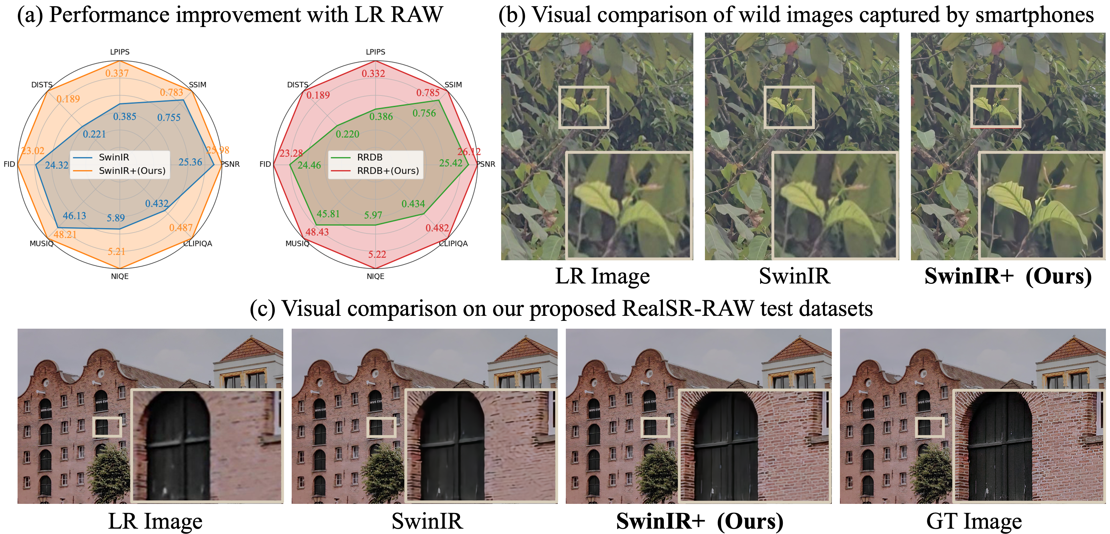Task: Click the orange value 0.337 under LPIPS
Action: click(x=117, y=73)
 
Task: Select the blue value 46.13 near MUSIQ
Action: click(x=74, y=216)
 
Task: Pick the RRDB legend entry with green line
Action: click(x=369, y=157)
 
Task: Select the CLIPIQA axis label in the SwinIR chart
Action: click(x=198, y=243)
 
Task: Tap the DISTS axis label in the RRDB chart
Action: click(x=298, y=85)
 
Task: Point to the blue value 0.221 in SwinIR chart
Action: click(x=95, y=134)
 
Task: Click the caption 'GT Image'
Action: click(x=974, y=521)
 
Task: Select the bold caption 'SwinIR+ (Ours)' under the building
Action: click(x=699, y=521)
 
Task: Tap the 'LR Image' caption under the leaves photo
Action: click(x=602, y=276)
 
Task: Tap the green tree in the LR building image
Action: click(x=108, y=474)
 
